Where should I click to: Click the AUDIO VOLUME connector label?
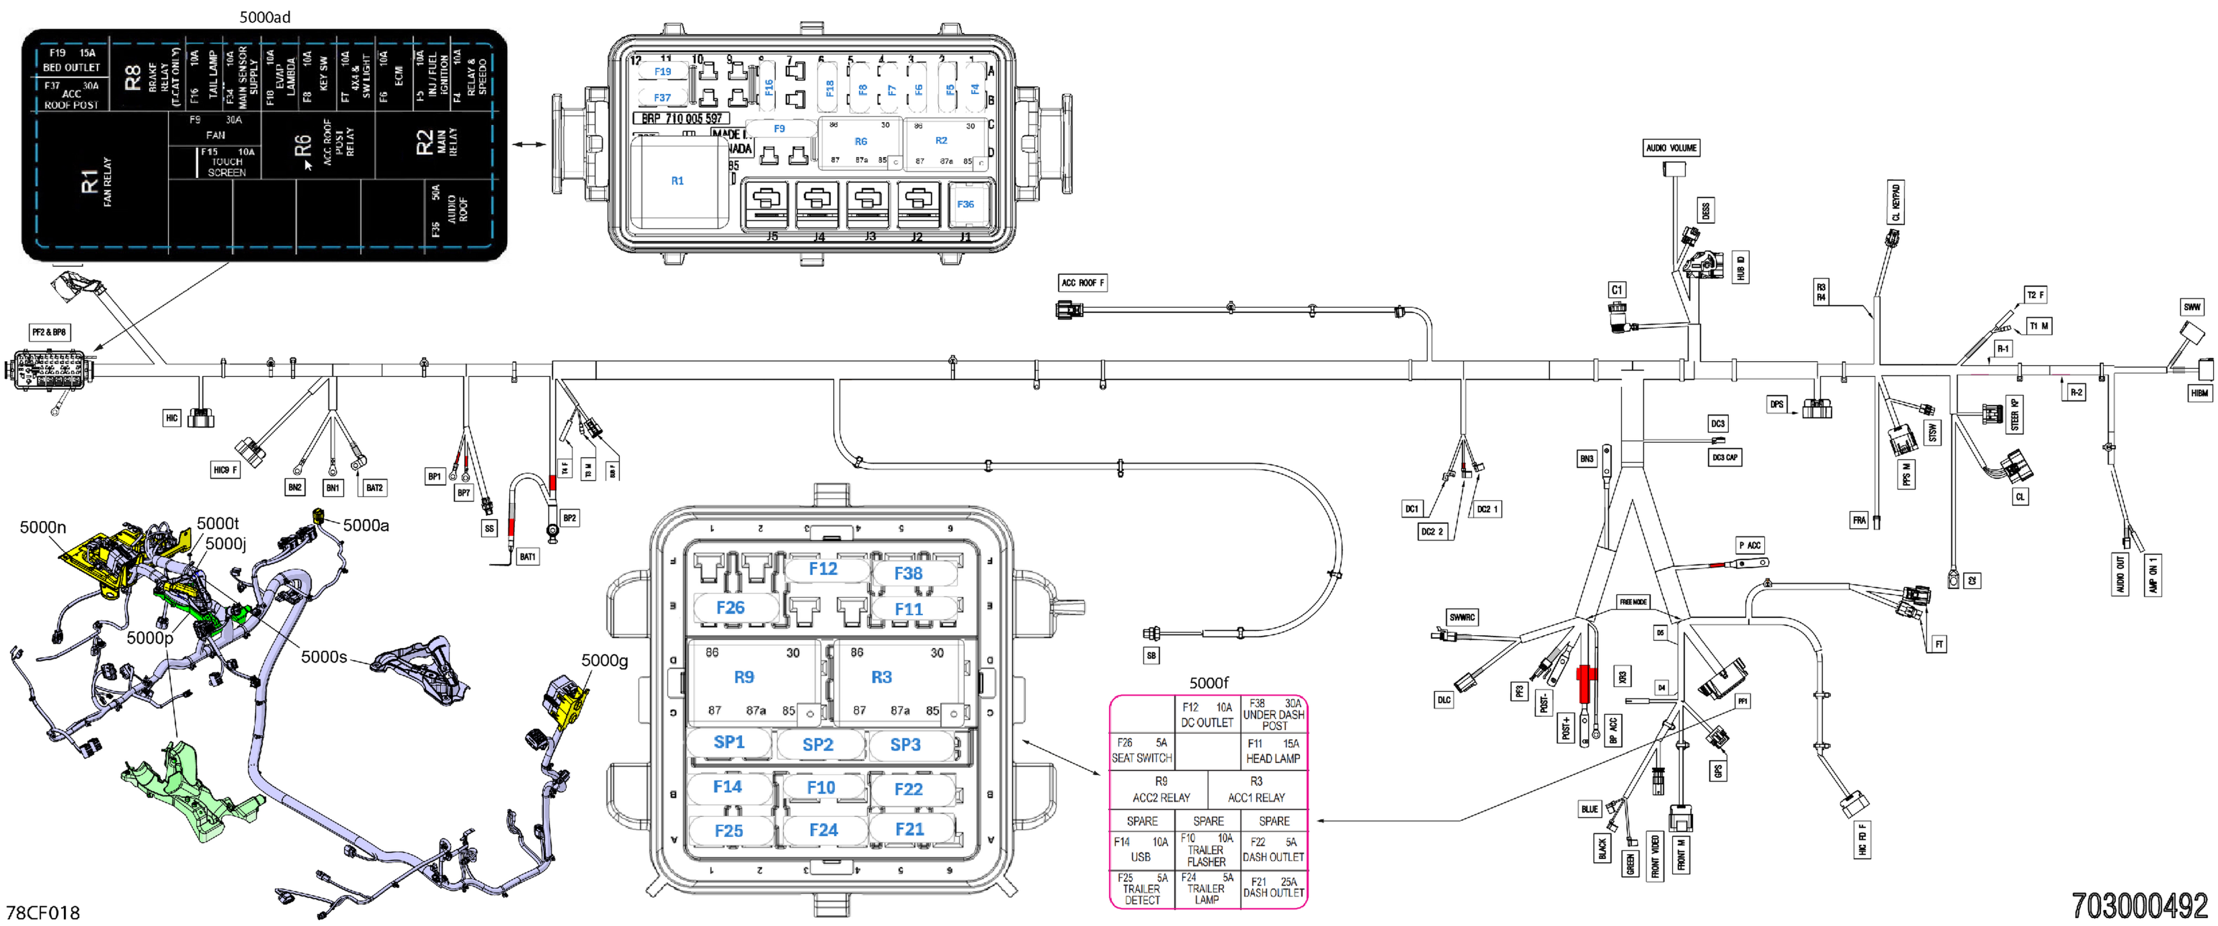click(x=1670, y=148)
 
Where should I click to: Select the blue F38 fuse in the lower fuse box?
click(x=908, y=573)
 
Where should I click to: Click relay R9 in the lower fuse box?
click(x=744, y=677)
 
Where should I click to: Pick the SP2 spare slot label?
click(x=817, y=745)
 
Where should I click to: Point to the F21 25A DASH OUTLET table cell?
click(x=1273, y=887)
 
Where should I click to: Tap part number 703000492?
click(x=2139, y=905)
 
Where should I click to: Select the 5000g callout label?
click(x=604, y=660)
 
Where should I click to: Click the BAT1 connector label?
click(x=527, y=557)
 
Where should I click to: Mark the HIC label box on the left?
click(x=171, y=418)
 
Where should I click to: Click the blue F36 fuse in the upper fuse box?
click(x=965, y=204)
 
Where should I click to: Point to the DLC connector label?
click(x=1443, y=699)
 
